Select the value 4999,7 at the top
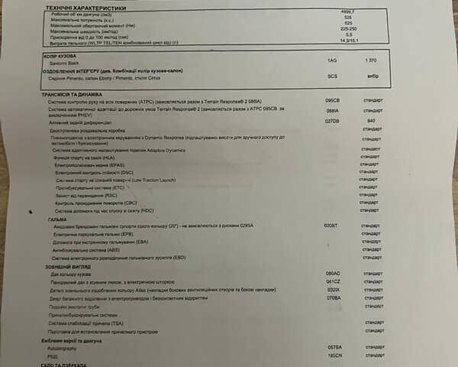(x=349, y=12)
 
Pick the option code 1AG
(x=331, y=60)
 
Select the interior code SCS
(x=331, y=76)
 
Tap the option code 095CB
(x=332, y=100)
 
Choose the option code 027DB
(x=332, y=121)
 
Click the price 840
(x=371, y=121)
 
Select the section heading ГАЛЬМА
(x=57, y=219)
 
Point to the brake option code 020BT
(x=331, y=226)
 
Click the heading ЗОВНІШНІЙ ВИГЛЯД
(x=69, y=266)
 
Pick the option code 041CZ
(x=333, y=282)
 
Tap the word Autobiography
(x=63, y=347)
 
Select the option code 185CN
(x=333, y=356)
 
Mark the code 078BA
(x=333, y=298)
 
